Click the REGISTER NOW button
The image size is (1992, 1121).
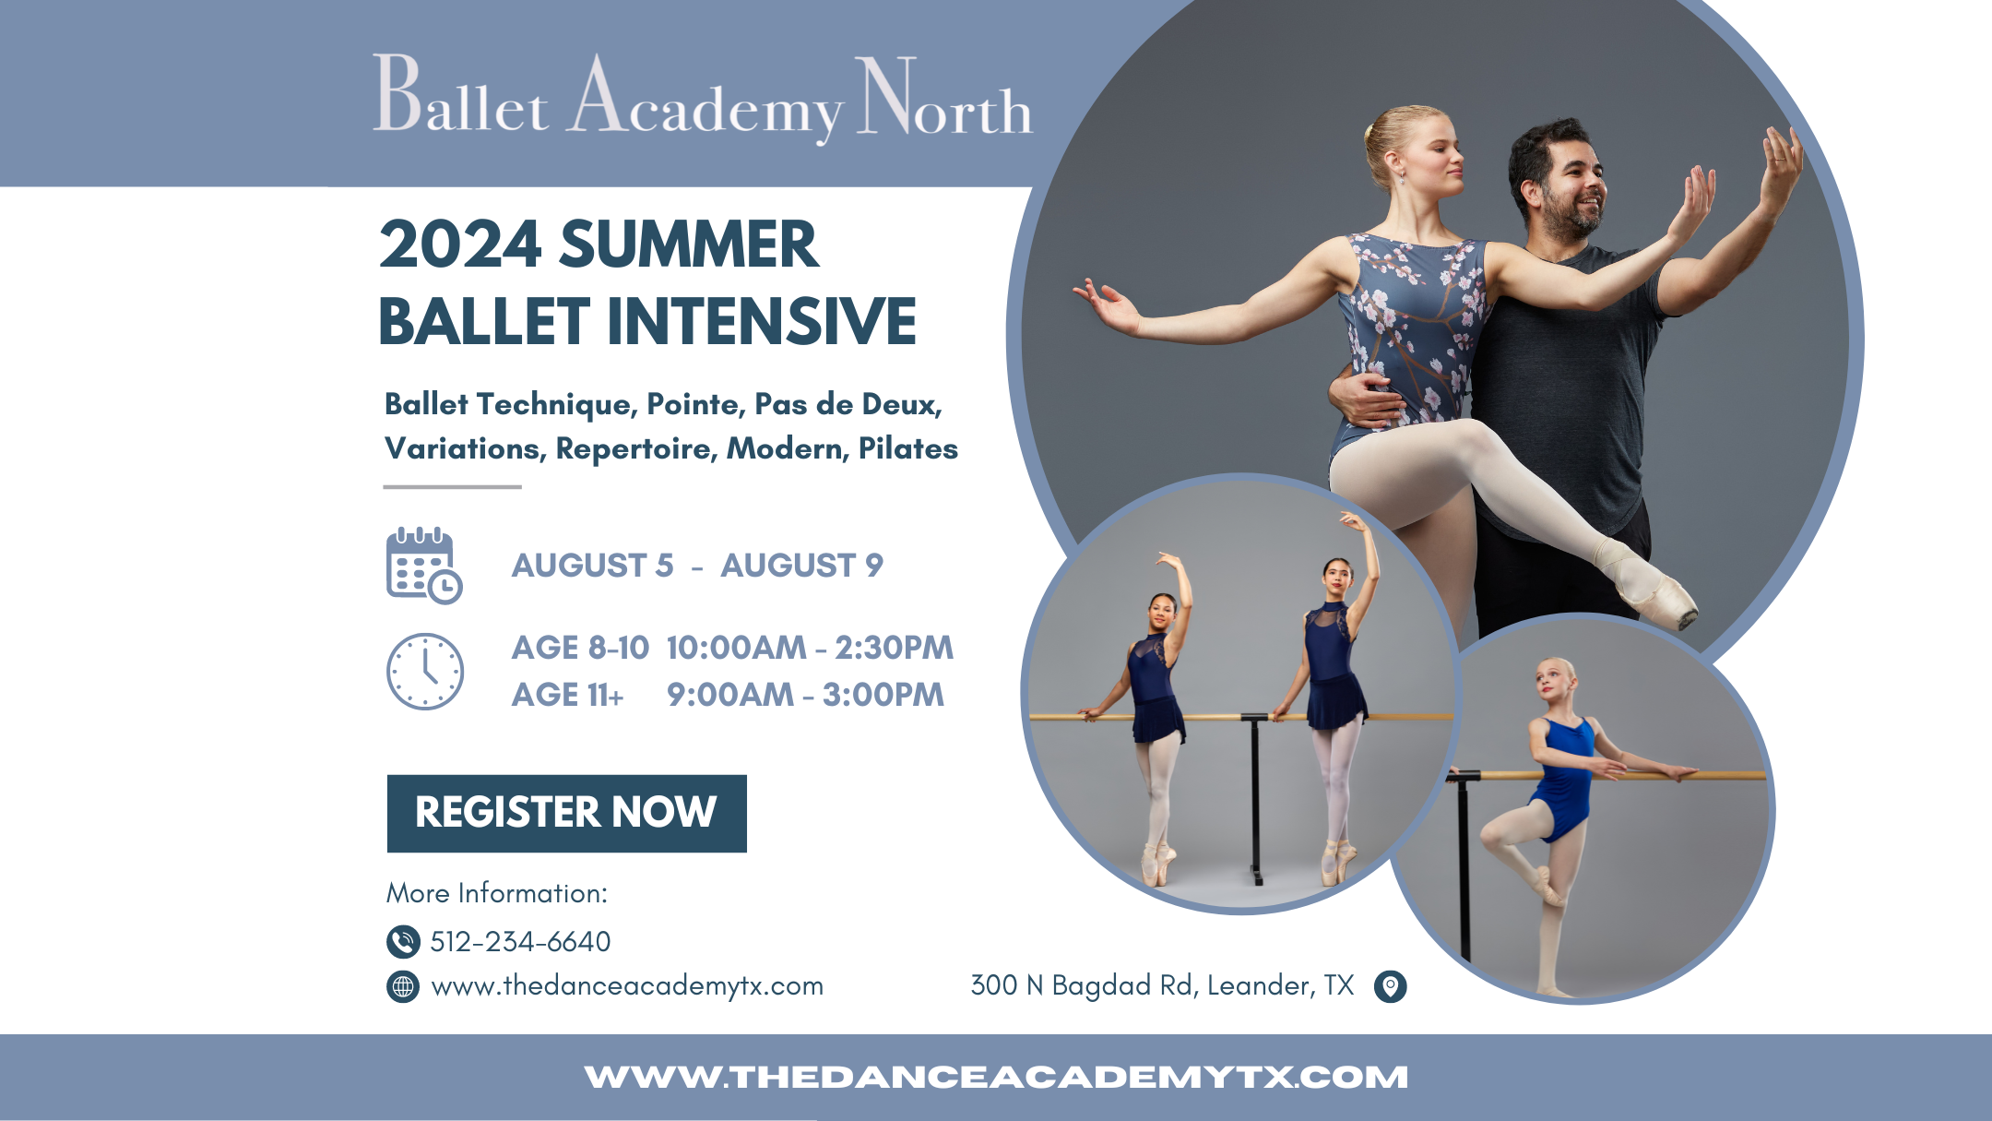coord(566,813)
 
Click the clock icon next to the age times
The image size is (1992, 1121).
coord(424,671)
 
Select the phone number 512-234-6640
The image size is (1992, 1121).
coord(520,941)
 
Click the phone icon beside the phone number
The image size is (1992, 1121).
coord(403,941)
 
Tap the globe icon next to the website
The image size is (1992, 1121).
coord(403,986)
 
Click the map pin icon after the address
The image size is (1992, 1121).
coord(1390,986)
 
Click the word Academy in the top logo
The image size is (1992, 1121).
coord(705,101)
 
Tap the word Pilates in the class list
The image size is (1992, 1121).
coord(907,448)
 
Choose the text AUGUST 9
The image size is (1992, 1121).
coord(801,565)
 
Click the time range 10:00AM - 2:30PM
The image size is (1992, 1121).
coord(810,648)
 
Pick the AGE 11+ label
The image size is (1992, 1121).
coord(568,695)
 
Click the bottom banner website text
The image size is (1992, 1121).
coord(996,1077)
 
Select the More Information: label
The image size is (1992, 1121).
coord(496,893)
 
